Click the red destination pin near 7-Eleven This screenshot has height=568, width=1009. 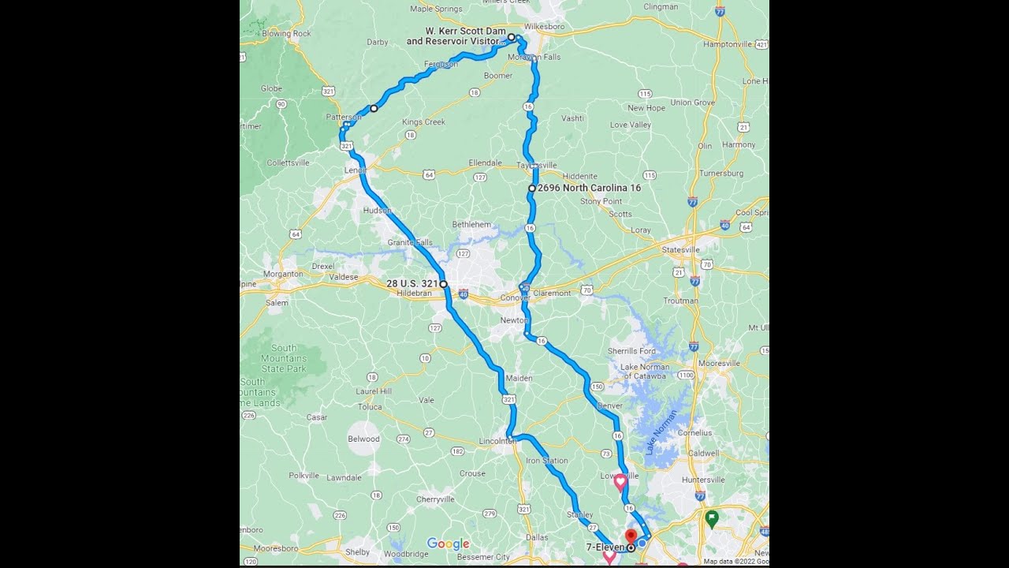[x=631, y=537]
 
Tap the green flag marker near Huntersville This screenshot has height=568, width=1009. [x=712, y=518]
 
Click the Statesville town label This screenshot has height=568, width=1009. [x=680, y=249]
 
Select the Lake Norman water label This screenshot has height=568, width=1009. [x=661, y=433]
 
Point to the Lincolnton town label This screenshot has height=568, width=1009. [x=497, y=442]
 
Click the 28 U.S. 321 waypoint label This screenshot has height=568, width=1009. [x=411, y=283]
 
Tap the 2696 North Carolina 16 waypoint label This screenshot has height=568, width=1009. [x=589, y=189]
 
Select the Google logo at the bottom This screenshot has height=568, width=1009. [x=448, y=544]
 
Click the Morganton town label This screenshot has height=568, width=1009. [x=283, y=274]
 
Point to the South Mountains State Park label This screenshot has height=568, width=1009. [x=284, y=358]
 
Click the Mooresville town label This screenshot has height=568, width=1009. [x=719, y=364]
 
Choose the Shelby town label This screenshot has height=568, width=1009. [x=358, y=551]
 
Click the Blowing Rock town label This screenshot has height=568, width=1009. [x=286, y=34]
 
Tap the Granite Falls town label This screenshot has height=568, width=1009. [x=410, y=242]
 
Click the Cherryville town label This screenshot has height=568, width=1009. [x=435, y=499]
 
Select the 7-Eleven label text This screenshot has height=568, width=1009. [x=605, y=547]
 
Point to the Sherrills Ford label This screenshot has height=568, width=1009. [x=631, y=351]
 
